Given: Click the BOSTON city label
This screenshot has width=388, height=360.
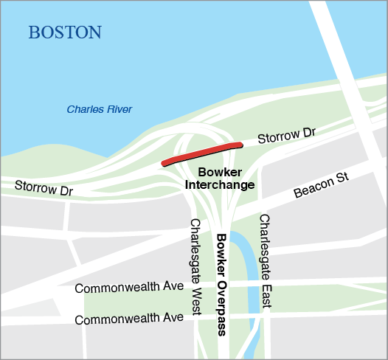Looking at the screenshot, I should point(64,32).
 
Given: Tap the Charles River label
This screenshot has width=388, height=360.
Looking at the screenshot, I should point(100,110).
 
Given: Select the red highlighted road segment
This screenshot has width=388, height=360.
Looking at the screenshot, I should point(202,153).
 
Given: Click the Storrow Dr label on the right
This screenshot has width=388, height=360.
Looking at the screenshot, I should point(286,136).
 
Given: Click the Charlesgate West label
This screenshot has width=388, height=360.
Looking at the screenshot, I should point(195,266).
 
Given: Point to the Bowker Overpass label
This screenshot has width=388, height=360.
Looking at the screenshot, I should point(221,284).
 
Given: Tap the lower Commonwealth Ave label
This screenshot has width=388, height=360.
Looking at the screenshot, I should point(129,319).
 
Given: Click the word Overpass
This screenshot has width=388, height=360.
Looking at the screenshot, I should point(221,308).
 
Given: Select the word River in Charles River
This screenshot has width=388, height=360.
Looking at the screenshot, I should point(120,110).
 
